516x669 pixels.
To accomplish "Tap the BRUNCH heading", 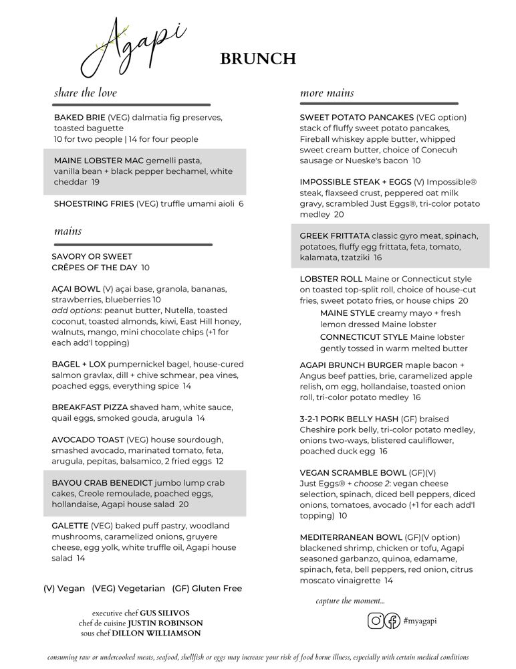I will pos(258,59).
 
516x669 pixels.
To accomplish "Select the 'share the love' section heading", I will pos(86,93).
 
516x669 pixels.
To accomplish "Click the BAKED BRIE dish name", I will pos(80,118).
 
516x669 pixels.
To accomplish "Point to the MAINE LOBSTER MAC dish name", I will pos(100,161).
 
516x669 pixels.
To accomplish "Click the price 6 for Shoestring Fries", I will pos(241,204).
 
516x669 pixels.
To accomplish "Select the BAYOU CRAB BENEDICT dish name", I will pos(102,482).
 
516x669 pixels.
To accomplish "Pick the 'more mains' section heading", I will pos(328,93).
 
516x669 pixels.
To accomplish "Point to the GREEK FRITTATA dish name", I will pos(335,236).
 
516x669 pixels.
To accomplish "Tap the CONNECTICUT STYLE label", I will pos(364,338).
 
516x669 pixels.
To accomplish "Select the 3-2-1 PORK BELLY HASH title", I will pos(349,419).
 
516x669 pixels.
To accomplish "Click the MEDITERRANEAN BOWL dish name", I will pos(351,538).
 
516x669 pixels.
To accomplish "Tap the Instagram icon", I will pos(376,621).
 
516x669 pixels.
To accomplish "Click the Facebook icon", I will pos(392,621).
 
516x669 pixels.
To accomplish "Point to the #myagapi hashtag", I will pos(421,621).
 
